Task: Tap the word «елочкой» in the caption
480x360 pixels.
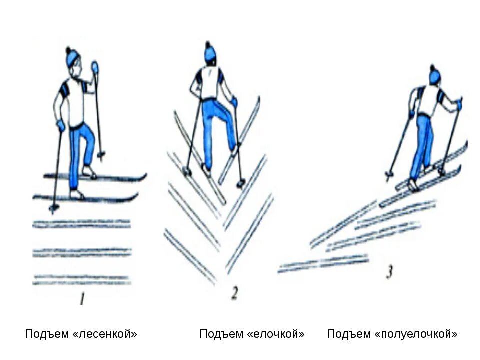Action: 276,334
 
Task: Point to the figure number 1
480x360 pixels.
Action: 82,300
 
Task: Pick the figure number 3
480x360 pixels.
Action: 389,272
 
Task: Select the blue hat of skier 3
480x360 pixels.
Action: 435,75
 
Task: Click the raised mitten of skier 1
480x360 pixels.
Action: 95,66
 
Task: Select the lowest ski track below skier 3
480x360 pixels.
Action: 322,263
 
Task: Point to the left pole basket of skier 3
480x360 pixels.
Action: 389,174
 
